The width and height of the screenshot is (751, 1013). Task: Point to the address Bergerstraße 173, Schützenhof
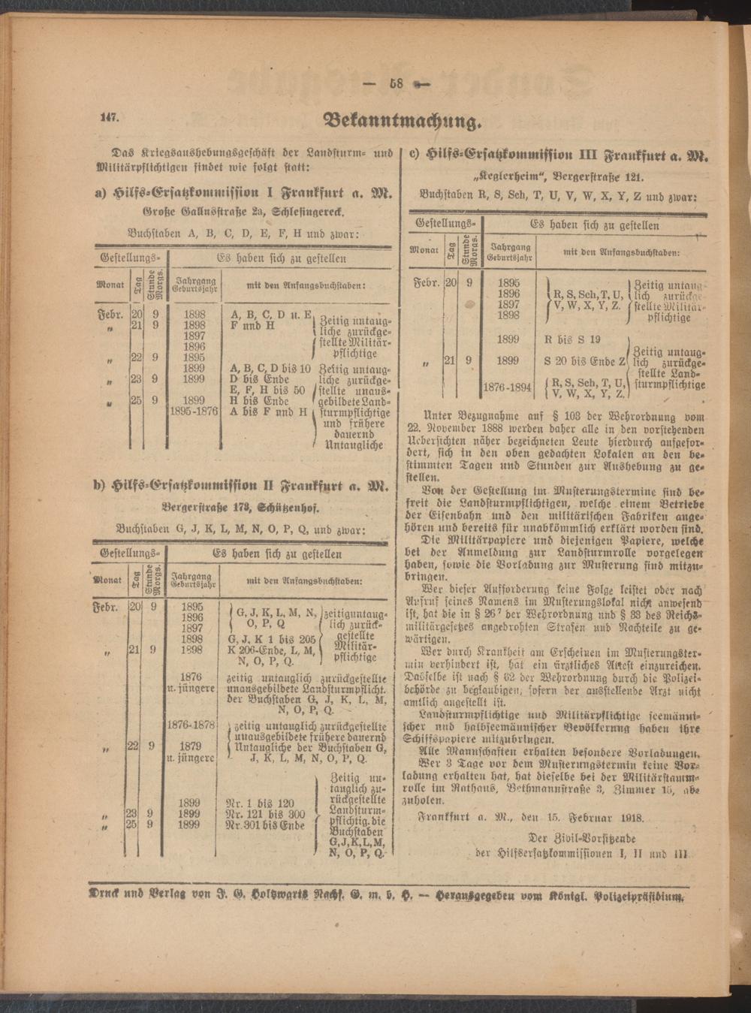tap(245, 505)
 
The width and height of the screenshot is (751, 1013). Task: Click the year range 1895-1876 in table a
tap(195, 412)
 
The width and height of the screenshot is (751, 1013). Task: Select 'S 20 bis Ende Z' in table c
tap(585, 361)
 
